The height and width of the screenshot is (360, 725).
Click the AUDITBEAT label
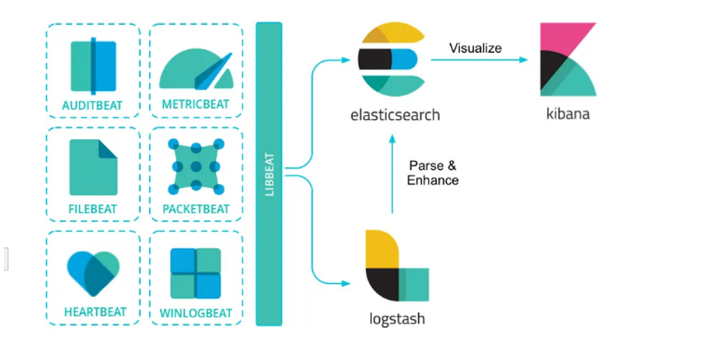click(x=92, y=105)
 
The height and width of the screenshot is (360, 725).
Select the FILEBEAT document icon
click(x=93, y=167)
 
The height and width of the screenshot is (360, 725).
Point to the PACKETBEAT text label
click(x=196, y=208)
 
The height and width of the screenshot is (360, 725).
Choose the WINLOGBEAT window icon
click(x=196, y=273)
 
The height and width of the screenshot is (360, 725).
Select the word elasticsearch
click(x=395, y=115)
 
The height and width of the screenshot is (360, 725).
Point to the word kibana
click(x=568, y=114)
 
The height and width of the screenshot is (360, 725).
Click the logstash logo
click(x=395, y=265)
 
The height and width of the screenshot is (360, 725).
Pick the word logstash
click(x=397, y=319)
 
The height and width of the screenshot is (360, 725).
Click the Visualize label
click(x=476, y=48)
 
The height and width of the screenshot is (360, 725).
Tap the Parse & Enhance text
click(x=433, y=173)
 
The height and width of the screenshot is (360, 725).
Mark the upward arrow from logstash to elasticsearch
click(x=392, y=175)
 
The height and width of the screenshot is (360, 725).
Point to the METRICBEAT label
click(x=196, y=105)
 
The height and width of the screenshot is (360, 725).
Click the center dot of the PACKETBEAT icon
click(x=196, y=166)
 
